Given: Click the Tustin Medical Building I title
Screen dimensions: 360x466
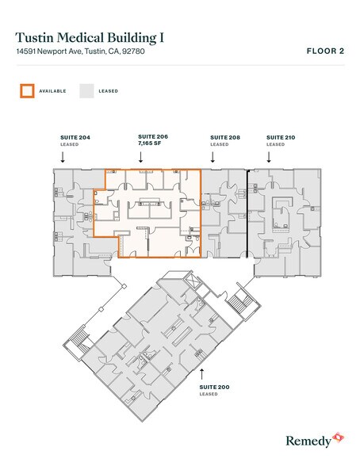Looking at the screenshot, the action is pos(90,38).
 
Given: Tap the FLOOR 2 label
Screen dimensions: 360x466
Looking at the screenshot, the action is pos(326,51).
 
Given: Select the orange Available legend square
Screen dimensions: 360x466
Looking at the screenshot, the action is pos(27,91).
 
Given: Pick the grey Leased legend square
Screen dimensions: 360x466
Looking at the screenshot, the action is pos(86,91).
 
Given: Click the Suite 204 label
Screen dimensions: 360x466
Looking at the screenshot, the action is pos(75,137).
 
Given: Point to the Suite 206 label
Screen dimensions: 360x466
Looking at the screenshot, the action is pos(153,136).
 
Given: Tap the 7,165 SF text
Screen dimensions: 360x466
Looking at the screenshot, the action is pos(150,143).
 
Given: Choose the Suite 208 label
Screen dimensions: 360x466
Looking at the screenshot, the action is pos(225,137).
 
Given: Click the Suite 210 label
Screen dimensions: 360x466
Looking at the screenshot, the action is pos(281,137).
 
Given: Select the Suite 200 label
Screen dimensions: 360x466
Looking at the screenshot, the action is pos(214,387).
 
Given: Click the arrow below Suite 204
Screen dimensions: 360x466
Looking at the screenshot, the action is pos(63,157).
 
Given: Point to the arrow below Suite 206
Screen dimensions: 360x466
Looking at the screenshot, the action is pos(140,157).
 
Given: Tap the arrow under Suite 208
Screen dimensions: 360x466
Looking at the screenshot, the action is pos(213,157).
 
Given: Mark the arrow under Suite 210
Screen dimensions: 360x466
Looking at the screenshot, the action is pos(269,157).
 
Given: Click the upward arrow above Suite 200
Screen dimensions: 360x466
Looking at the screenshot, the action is pos(202,374).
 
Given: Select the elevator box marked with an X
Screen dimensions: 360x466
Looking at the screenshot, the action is pos(191,281).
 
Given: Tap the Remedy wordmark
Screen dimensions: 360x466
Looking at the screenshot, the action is pos(308,441).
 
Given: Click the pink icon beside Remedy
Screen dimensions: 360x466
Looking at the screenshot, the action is pos(338,437).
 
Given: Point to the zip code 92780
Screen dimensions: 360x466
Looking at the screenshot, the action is pos(133,51).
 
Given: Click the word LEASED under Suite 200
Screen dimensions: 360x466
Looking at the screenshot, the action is pos(209,394).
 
